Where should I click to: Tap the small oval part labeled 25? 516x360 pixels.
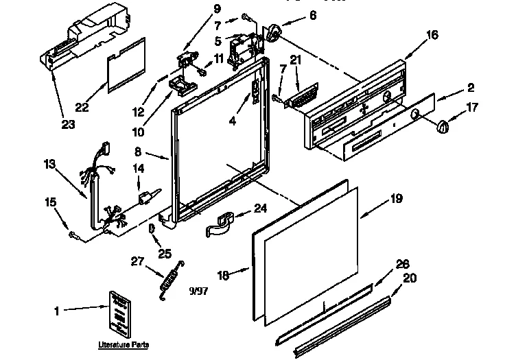pyautogui.click(x=152, y=229)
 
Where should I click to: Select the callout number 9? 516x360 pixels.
pyautogui.click(x=198, y=9)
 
